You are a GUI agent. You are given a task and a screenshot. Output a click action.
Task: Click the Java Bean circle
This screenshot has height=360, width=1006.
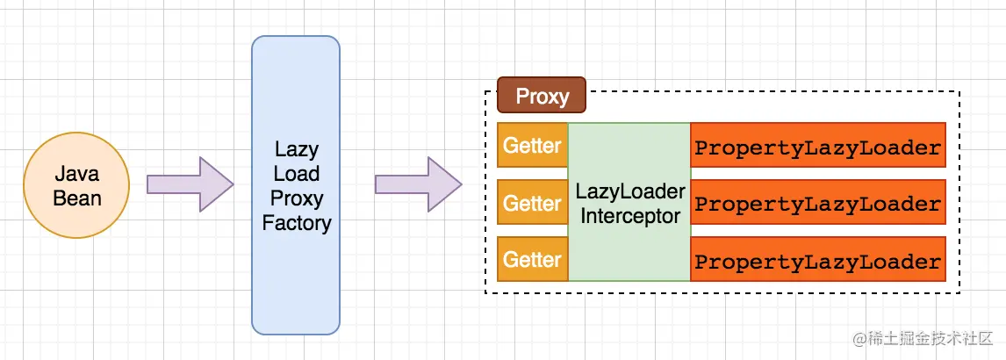[x=77, y=185]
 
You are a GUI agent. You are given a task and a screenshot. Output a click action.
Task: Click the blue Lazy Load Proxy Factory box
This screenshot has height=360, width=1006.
[x=296, y=185]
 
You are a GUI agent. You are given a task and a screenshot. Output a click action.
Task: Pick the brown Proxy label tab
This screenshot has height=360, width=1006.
[x=542, y=96]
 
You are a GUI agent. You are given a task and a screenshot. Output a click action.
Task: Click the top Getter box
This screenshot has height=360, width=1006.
[x=532, y=145]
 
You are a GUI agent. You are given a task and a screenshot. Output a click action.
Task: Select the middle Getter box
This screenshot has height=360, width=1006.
[x=532, y=203]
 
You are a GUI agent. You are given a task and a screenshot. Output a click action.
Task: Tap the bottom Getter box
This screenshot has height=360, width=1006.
[x=532, y=259]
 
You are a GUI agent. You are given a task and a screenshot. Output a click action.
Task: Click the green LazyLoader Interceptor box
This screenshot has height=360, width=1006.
[x=629, y=202]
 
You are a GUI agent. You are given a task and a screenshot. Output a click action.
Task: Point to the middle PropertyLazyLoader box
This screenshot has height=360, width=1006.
[x=817, y=203]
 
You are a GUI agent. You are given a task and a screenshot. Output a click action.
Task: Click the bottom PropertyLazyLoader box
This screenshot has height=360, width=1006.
[x=817, y=260]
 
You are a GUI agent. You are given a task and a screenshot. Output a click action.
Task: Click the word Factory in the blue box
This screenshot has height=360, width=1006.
[x=297, y=223]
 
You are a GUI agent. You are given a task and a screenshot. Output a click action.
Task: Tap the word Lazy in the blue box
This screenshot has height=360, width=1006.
[x=297, y=148]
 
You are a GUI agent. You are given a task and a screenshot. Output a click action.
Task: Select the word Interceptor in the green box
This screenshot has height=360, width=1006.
[x=629, y=215]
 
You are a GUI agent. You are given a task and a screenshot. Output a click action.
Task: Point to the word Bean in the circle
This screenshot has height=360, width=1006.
[x=77, y=198]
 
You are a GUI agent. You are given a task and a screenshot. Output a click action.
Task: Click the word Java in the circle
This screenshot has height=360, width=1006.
[x=77, y=174]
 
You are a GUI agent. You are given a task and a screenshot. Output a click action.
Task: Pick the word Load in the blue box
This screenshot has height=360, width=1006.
[x=297, y=173]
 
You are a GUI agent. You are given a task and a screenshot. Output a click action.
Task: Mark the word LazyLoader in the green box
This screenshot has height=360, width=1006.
[x=629, y=190]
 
